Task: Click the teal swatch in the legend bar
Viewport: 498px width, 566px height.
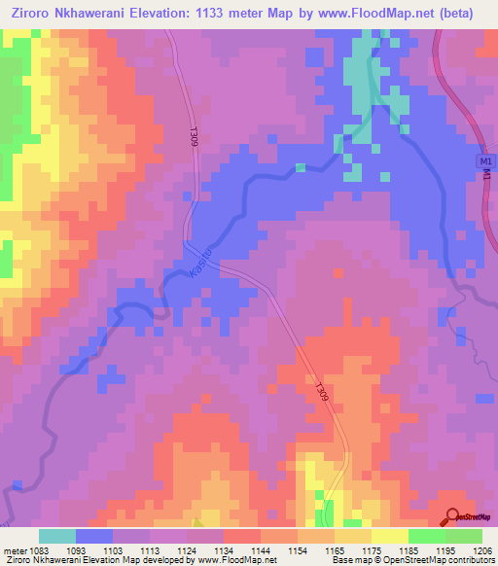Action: tap(57, 536)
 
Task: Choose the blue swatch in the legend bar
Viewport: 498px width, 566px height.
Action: tap(94, 536)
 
